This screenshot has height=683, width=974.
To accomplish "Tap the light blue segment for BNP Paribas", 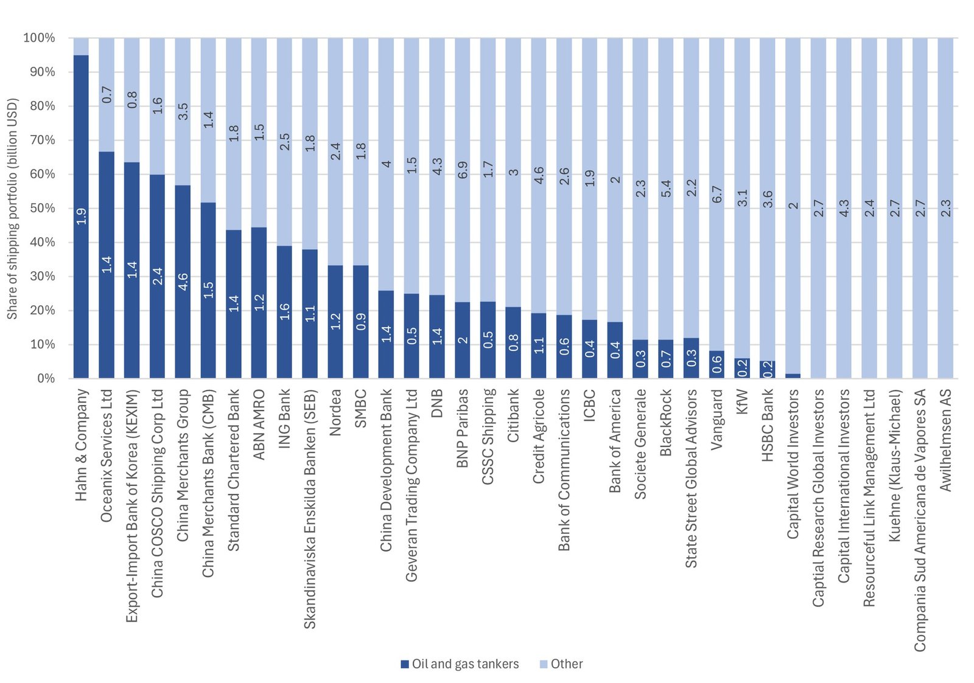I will click(x=463, y=170).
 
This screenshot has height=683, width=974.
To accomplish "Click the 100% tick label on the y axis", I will click(x=39, y=38).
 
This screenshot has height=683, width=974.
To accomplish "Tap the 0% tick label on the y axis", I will click(x=46, y=378).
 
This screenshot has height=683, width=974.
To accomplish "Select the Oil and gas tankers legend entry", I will click(x=460, y=664).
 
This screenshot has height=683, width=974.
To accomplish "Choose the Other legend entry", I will click(x=561, y=664).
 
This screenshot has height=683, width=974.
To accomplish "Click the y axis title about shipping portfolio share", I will click(x=12, y=208).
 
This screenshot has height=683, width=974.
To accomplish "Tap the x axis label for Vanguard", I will click(x=716, y=420).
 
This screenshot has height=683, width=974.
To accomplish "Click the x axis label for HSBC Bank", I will click(x=768, y=425).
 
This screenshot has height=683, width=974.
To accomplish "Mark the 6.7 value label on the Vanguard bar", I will click(x=717, y=195).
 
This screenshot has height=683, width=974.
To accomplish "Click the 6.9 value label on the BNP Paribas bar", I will click(x=463, y=170).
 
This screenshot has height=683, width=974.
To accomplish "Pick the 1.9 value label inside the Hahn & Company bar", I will click(x=82, y=216).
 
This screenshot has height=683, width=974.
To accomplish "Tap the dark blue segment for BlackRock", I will click(x=666, y=359).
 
